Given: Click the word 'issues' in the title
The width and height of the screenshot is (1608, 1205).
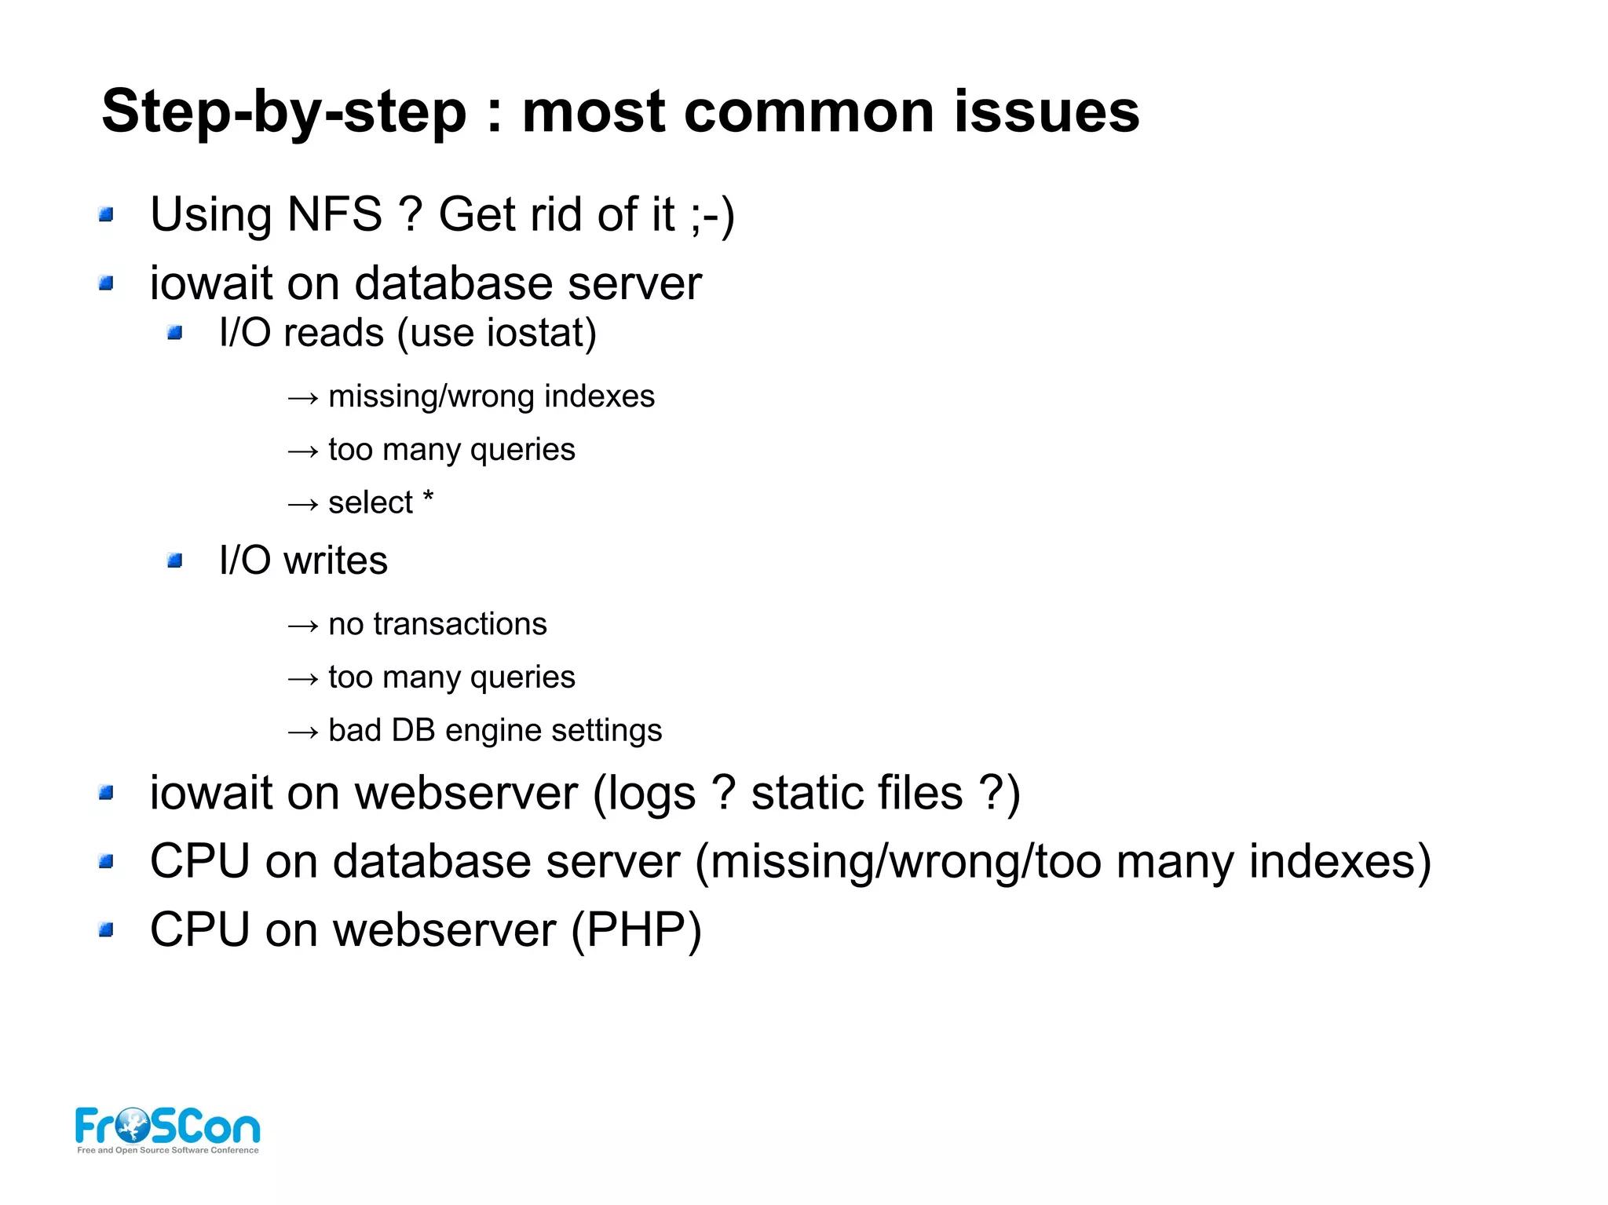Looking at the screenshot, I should point(1047,111).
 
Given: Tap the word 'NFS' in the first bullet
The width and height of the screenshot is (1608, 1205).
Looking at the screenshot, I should point(334,214).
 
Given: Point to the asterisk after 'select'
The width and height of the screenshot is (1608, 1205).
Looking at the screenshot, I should point(428,498).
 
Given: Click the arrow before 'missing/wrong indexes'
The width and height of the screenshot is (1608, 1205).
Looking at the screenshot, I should point(303,398).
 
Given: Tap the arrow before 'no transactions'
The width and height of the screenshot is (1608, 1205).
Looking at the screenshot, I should point(303,626).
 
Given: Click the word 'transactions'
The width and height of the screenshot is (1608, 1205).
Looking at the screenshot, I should point(459,624).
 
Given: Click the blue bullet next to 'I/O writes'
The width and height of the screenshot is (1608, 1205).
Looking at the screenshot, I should point(174,561).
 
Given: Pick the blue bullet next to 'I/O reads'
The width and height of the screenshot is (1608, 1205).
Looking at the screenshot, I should point(174,334).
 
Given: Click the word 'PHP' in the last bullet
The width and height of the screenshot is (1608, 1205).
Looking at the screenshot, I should point(636,930).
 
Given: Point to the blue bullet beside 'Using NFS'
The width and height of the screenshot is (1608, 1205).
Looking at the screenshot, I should point(106,214).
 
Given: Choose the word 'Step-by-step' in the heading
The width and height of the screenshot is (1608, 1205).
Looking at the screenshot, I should point(284,112).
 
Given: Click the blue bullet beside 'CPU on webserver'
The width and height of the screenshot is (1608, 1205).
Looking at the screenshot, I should point(106,930).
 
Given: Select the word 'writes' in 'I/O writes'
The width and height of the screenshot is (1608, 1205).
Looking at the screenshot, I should point(335,561).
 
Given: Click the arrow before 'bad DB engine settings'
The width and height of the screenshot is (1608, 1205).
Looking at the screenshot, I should point(303,732).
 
